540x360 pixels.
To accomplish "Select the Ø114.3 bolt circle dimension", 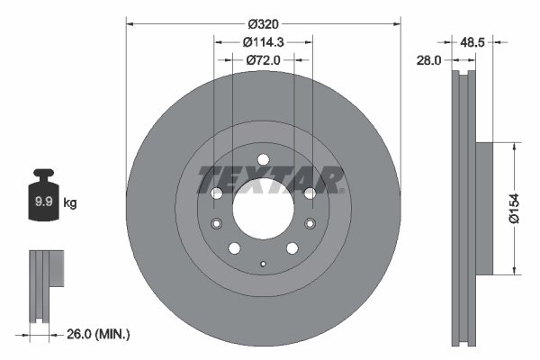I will point(263,41).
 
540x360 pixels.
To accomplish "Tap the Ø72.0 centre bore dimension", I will point(263,59).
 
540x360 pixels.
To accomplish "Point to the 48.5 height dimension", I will point(475,41).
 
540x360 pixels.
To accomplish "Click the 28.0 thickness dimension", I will point(428,60).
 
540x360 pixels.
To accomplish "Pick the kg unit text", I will point(70,203).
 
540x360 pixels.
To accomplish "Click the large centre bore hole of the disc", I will point(263,209).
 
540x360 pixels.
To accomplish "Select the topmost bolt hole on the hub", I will point(263,161).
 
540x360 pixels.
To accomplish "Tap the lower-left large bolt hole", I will point(234,248).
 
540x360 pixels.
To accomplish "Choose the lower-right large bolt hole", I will point(292,248).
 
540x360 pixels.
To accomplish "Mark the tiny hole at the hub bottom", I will point(263,264).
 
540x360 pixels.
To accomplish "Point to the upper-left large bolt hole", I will point(217,193).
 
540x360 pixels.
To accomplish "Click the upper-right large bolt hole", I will point(309,193).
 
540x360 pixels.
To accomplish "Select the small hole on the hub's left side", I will point(216,224).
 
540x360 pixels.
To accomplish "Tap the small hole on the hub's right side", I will point(310,224).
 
